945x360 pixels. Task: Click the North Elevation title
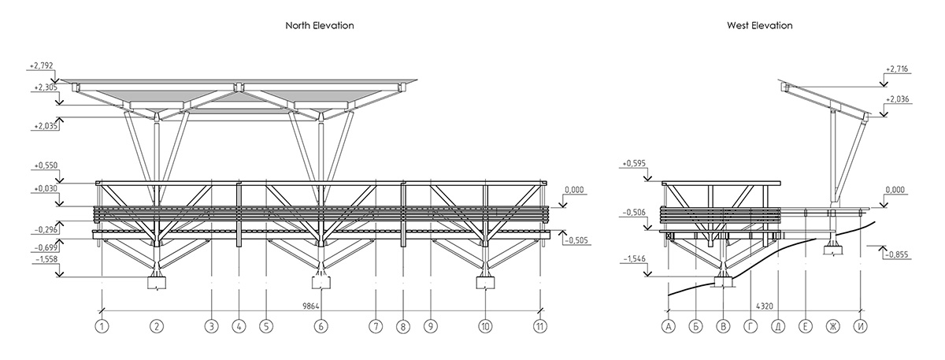(319, 25)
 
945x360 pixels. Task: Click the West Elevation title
(759, 25)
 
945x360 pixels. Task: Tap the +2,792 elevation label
(40, 66)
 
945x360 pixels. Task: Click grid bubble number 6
(320, 325)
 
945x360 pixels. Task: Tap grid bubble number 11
(539, 325)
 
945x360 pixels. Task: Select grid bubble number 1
(102, 325)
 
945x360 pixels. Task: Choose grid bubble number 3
(211, 325)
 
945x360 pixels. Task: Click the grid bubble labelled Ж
(832, 325)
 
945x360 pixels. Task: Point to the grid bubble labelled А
(668, 325)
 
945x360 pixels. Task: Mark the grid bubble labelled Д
(777, 325)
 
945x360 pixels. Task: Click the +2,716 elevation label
(897, 69)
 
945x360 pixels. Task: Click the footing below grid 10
(486, 283)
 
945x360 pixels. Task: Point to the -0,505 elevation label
(577, 241)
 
